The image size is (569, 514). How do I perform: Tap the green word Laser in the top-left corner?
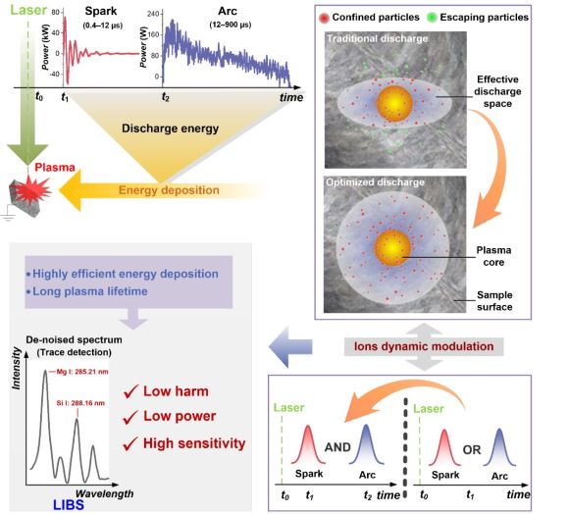point(28,10)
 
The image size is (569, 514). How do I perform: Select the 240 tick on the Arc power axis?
point(153,14)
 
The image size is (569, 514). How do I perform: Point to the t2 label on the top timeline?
point(166,97)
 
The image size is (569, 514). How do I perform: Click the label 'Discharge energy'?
point(170,128)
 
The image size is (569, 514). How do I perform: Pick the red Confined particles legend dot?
point(324,18)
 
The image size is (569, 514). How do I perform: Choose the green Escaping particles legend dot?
point(432,18)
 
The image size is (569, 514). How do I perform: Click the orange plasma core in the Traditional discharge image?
point(394,102)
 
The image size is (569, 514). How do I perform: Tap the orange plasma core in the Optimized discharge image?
point(392,247)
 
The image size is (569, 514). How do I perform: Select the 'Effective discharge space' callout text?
point(497,91)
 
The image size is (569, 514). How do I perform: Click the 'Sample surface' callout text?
point(494,301)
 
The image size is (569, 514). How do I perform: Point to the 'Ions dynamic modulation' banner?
point(424,346)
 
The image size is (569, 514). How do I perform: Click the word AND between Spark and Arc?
point(337,447)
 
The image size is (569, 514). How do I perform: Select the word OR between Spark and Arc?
point(471,450)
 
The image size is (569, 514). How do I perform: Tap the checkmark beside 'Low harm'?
point(130,391)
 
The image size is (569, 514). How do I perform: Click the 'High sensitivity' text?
point(194,443)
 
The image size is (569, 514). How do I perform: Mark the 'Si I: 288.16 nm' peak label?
point(80,403)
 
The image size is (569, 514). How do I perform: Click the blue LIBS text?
point(69,504)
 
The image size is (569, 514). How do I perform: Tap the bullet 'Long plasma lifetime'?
point(87,291)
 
